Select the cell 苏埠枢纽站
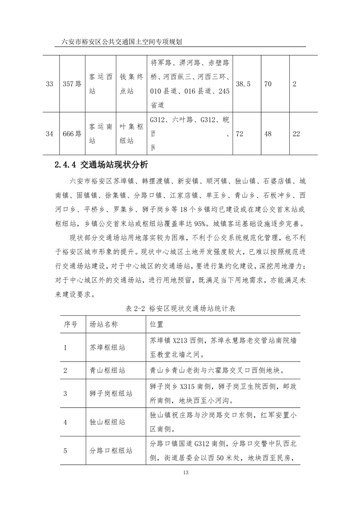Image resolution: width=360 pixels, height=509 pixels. point(108,347)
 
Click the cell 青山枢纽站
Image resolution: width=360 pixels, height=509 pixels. point(108,370)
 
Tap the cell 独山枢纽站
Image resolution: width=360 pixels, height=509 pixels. point(108,422)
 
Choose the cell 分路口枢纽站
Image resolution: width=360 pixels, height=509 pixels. point(111,451)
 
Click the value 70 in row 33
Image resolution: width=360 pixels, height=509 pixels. point(268,84)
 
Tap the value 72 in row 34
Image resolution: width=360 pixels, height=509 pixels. point(238,134)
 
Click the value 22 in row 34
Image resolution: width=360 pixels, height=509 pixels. point(297,134)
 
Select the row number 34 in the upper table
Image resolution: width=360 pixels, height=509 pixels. point(50,134)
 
